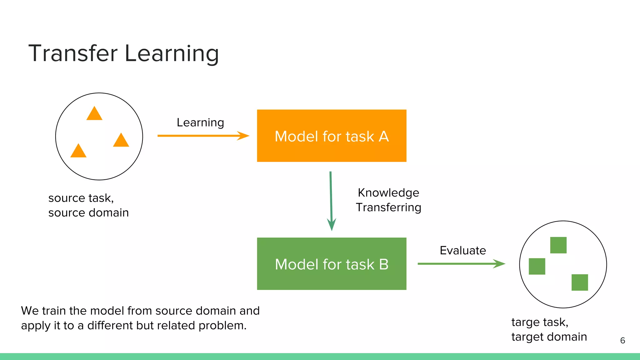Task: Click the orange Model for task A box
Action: pos(332,136)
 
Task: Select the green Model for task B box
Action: pos(332,264)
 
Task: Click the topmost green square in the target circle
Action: pos(558,245)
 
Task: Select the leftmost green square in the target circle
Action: pos(537,266)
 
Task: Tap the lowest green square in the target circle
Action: pos(580,282)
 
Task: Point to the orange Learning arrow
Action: pos(203,136)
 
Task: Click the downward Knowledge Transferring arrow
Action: pos(331,200)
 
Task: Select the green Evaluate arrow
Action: pos(461,264)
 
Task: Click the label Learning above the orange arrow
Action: pos(200,122)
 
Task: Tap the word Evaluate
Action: pos(463,250)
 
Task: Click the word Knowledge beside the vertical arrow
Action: pos(388,193)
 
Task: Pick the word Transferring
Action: pos(388,207)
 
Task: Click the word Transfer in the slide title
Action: pos(73,53)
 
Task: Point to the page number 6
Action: pos(622,340)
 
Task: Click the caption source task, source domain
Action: pos(88,205)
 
